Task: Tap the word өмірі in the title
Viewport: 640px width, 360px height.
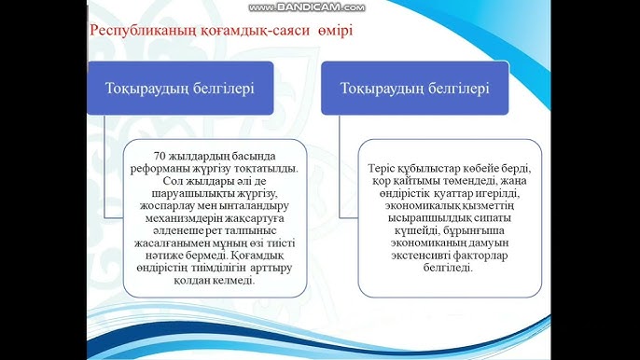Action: [336, 30]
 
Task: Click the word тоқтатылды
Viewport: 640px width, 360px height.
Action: [267, 169]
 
